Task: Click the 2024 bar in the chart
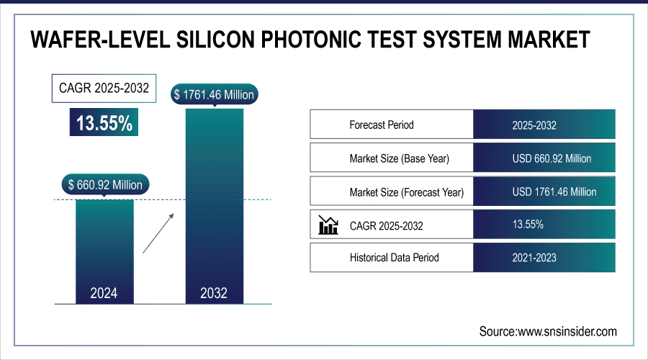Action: pyautogui.click(x=104, y=248)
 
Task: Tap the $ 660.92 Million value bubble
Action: pyautogui.click(x=104, y=184)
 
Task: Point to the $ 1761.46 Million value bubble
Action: pyautogui.click(x=214, y=94)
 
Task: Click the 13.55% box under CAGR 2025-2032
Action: pyautogui.click(x=104, y=123)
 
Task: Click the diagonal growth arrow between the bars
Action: pyautogui.click(x=157, y=233)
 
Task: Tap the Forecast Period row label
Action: pyautogui.click(x=382, y=125)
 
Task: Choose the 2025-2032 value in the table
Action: pyautogui.click(x=534, y=125)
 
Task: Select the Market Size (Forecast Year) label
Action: pyautogui.click(x=406, y=192)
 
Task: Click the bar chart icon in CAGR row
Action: pyautogui.click(x=328, y=225)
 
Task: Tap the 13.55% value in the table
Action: pyautogui.click(x=528, y=225)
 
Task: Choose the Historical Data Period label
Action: pyautogui.click(x=394, y=257)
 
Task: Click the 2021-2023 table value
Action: pyautogui.click(x=534, y=257)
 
